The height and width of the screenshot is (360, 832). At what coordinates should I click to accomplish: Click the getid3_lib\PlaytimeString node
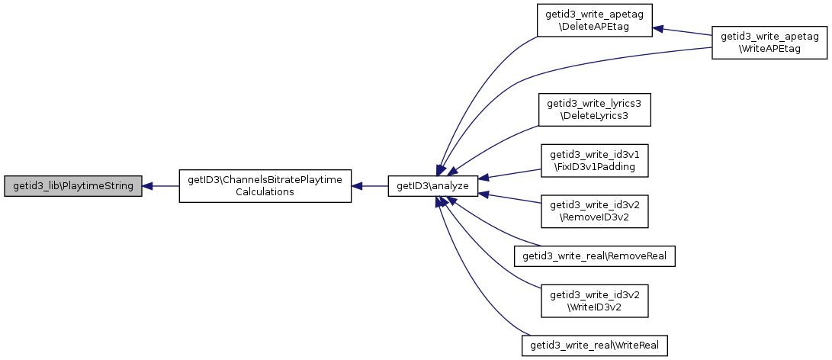coord(73,186)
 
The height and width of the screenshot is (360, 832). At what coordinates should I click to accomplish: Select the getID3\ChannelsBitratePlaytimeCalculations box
coord(265,186)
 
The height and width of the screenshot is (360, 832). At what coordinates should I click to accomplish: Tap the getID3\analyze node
coord(433,186)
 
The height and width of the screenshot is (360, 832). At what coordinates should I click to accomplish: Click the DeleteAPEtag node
coord(594,21)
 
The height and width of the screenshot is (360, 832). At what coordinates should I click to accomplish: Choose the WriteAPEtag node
coord(769,43)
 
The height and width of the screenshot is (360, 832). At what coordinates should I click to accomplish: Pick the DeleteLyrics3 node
coord(594,110)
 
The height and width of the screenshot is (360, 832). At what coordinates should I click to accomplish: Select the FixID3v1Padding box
coord(594,161)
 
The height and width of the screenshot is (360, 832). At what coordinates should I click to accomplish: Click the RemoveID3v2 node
coord(594,212)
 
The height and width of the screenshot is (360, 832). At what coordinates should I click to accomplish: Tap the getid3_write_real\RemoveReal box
coord(594,256)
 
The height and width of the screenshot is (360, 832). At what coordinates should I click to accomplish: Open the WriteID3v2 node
coord(594,301)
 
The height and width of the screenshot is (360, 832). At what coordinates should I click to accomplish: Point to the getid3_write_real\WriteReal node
coord(594,346)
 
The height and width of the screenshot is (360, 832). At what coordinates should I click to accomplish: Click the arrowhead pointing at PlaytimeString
coord(147,186)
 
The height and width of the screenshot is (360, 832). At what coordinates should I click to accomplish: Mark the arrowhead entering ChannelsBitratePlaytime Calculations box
coord(357,186)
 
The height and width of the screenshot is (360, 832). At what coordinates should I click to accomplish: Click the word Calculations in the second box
coord(265,191)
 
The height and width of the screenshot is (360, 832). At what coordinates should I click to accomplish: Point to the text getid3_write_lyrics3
coord(594,104)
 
